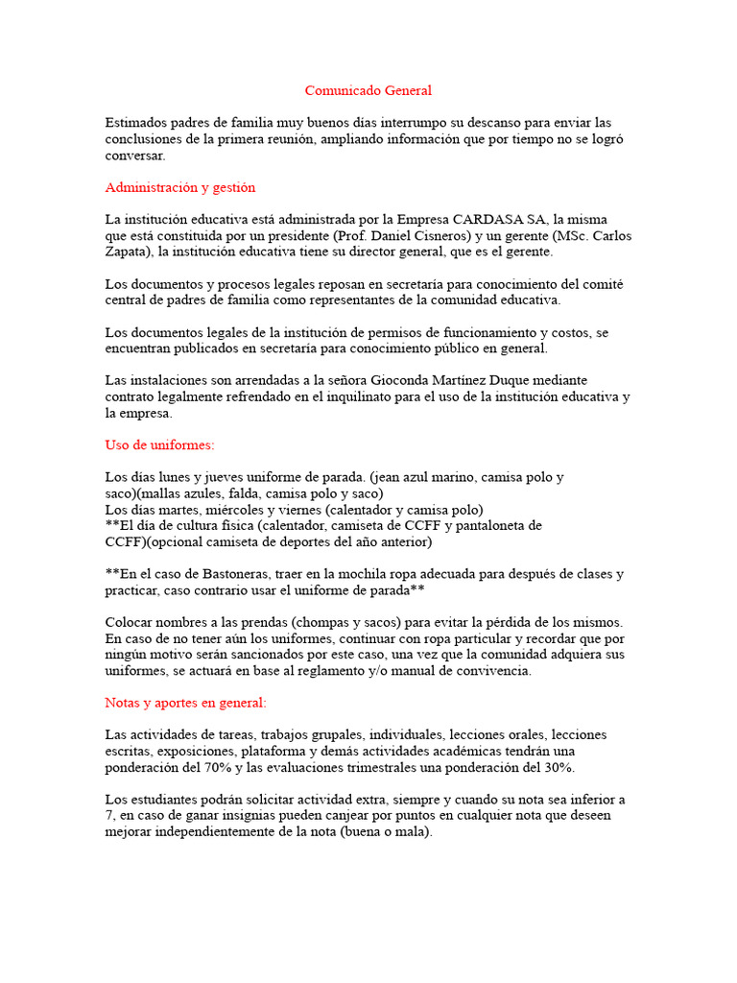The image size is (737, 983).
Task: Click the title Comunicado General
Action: coord(368,91)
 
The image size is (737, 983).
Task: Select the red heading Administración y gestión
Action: coord(179,187)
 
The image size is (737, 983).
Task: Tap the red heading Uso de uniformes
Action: coord(159,445)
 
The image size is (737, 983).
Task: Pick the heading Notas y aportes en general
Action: coord(185,703)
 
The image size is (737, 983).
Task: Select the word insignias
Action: coord(241,815)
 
